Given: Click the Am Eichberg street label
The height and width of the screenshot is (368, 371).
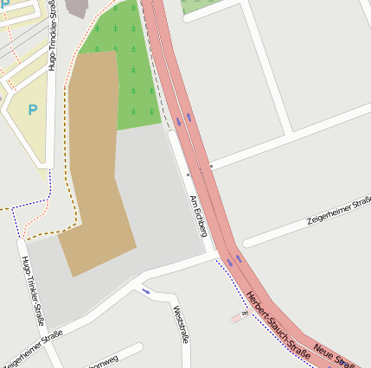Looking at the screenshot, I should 197,215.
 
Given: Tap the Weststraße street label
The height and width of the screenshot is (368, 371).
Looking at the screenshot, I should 181,323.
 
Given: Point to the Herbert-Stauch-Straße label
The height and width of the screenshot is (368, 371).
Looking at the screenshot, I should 277,323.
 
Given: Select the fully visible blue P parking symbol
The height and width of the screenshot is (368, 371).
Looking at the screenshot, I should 33,110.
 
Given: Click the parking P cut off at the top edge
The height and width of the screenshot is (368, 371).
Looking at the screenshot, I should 7,4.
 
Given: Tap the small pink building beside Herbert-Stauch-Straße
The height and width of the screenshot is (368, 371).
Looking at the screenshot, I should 236,318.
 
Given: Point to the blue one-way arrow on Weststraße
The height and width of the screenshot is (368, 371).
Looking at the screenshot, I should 145,290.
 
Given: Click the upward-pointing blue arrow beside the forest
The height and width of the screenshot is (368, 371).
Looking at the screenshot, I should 189,115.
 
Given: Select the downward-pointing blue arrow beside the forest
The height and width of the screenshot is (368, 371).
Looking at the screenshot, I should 178,121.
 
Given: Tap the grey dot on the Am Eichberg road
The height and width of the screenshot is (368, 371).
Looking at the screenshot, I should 188,174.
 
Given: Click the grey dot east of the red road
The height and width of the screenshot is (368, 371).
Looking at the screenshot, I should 210,165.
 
